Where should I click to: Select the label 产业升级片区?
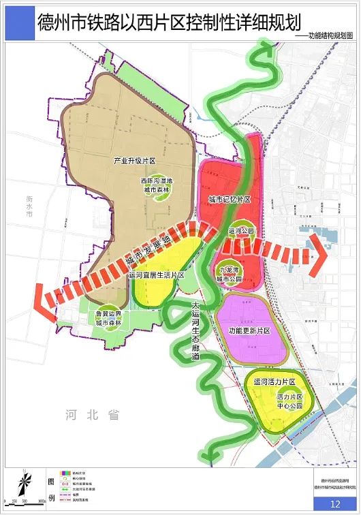tap(135, 161)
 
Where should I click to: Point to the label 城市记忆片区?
tap(230, 200)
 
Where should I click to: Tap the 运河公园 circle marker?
tap(241, 232)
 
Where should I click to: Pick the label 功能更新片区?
tap(245, 330)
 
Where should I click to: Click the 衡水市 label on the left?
tap(30, 206)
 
